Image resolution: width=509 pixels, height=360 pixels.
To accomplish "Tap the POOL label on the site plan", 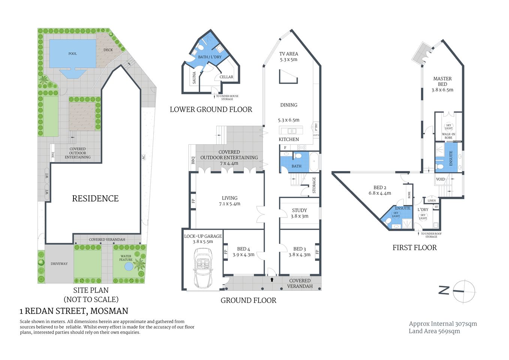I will tap(72, 54).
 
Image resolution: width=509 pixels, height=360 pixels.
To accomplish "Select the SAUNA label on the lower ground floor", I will tap(194, 78).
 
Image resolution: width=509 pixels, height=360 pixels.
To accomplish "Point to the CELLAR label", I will tap(226, 77).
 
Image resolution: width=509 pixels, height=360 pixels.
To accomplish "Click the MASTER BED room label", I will tap(442, 81).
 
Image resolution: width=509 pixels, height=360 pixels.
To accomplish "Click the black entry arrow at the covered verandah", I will tap(272, 279).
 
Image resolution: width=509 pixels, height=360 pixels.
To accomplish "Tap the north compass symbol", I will tap(464, 291).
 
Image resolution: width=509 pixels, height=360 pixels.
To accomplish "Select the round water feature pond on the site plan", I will tap(128, 267).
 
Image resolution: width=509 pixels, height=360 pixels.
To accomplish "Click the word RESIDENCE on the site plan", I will tap(95, 199).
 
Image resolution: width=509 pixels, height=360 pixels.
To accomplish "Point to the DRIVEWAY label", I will tap(59, 264).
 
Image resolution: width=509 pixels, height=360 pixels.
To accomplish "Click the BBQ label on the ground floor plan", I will tap(193, 160).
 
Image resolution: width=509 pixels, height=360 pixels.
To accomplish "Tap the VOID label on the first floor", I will tap(440, 179).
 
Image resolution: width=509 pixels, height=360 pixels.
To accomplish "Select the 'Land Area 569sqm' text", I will tap(434, 331).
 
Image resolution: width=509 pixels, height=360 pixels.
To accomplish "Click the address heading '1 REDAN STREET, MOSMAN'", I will tap(74, 311).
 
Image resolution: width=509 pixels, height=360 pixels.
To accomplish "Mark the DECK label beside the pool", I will tap(108, 50).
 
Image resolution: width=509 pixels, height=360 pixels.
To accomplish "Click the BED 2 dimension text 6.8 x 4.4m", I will tap(380, 193).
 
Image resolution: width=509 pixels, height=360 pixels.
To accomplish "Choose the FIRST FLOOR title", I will tap(415, 247).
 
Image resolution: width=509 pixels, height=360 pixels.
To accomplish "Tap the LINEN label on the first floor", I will tap(432, 201).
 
